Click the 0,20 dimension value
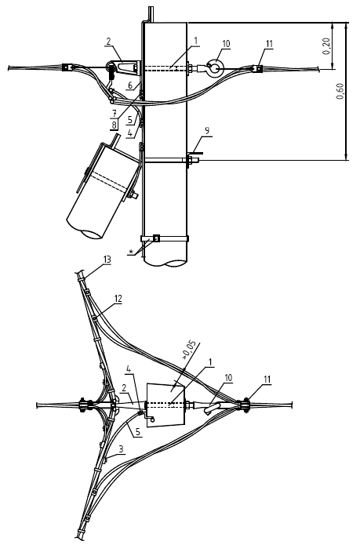[x=326, y=45]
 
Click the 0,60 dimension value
[x=340, y=91]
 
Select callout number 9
[x=207, y=131]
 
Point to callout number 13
[x=107, y=260]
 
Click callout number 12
[x=118, y=299]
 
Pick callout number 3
[x=121, y=448]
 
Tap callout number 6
[x=130, y=85]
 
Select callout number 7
[x=115, y=114]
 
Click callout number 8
[x=114, y=125]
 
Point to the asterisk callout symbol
[x=132, y=252]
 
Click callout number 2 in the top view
[x=108, y=42]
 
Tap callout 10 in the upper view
[x=226, y=44]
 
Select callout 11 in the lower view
[x=267, y=379]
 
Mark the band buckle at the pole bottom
[x=156, y=238]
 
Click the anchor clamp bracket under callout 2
[x=123, y=67]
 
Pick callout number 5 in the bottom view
[x=136, y=432]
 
